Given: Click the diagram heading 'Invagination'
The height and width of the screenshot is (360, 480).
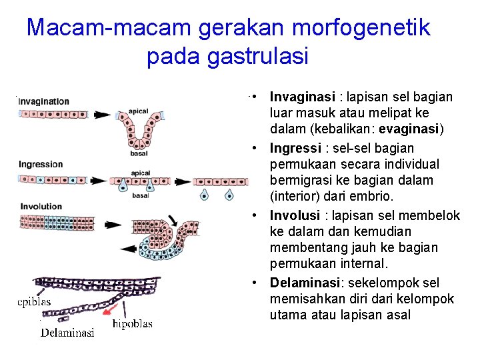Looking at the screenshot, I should [43, 101].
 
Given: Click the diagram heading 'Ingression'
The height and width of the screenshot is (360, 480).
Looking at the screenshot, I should [41, 164].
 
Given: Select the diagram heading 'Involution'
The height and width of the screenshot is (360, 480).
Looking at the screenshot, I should [41, 207].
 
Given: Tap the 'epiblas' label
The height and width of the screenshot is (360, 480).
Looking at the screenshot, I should [34, 301].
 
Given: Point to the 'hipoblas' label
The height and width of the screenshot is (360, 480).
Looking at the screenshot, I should [132, 324].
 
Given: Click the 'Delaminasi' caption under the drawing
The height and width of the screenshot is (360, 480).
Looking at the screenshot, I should [67, 332].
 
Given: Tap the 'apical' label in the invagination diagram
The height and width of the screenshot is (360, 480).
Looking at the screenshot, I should [139, 111].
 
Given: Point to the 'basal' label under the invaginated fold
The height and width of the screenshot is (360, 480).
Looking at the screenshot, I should [139, 153].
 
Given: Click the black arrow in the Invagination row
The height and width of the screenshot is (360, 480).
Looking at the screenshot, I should [101, 115].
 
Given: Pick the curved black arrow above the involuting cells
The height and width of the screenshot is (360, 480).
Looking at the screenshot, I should [172, 219].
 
